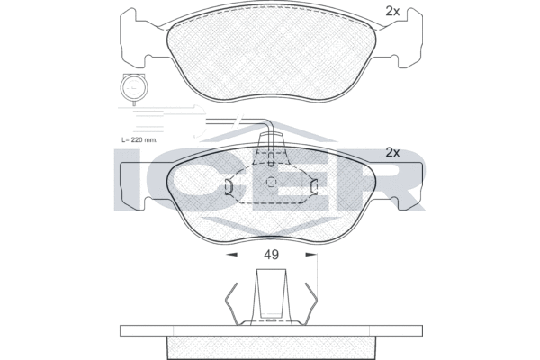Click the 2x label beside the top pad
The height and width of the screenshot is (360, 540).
[391, 12]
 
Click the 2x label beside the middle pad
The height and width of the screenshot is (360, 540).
[391, 152]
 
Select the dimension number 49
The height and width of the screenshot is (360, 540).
[271, 255]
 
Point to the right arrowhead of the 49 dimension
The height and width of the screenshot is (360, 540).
[312, 255]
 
